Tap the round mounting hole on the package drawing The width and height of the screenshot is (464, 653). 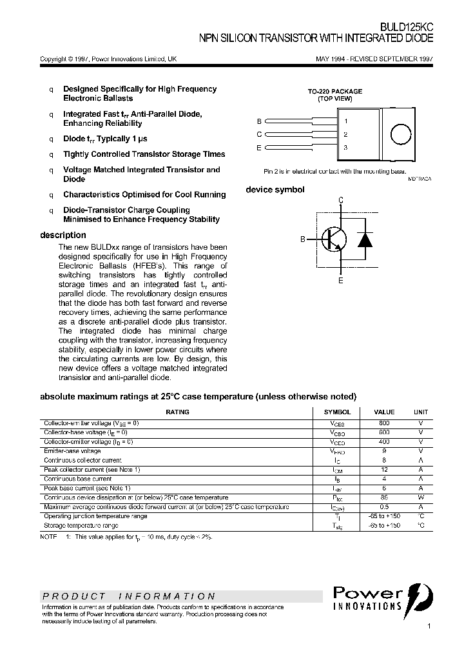tap(401, 134)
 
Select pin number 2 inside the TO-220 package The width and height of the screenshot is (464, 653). tap(346, 134)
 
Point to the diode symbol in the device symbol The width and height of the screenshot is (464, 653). tap(365, 239)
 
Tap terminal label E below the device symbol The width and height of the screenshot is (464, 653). tap(341, 281)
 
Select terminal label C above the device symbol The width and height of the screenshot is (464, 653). tap(341, 199)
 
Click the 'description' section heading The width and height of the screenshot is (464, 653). tap(63, 236)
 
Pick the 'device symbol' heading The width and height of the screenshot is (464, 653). tap(275, 190)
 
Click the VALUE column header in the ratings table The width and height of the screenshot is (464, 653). tap(384, 412)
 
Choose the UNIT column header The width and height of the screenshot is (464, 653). tap(420, 412)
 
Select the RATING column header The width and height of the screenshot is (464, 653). tap(178, 412)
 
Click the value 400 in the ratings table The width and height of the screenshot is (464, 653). tap(384, 441)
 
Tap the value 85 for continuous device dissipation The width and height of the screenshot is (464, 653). tap(384, 497)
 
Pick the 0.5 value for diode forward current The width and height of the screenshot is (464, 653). tap(384, 507)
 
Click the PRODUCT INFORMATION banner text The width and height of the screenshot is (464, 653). tap(129, 596)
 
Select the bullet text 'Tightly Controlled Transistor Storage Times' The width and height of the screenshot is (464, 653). tap(144, 155)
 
